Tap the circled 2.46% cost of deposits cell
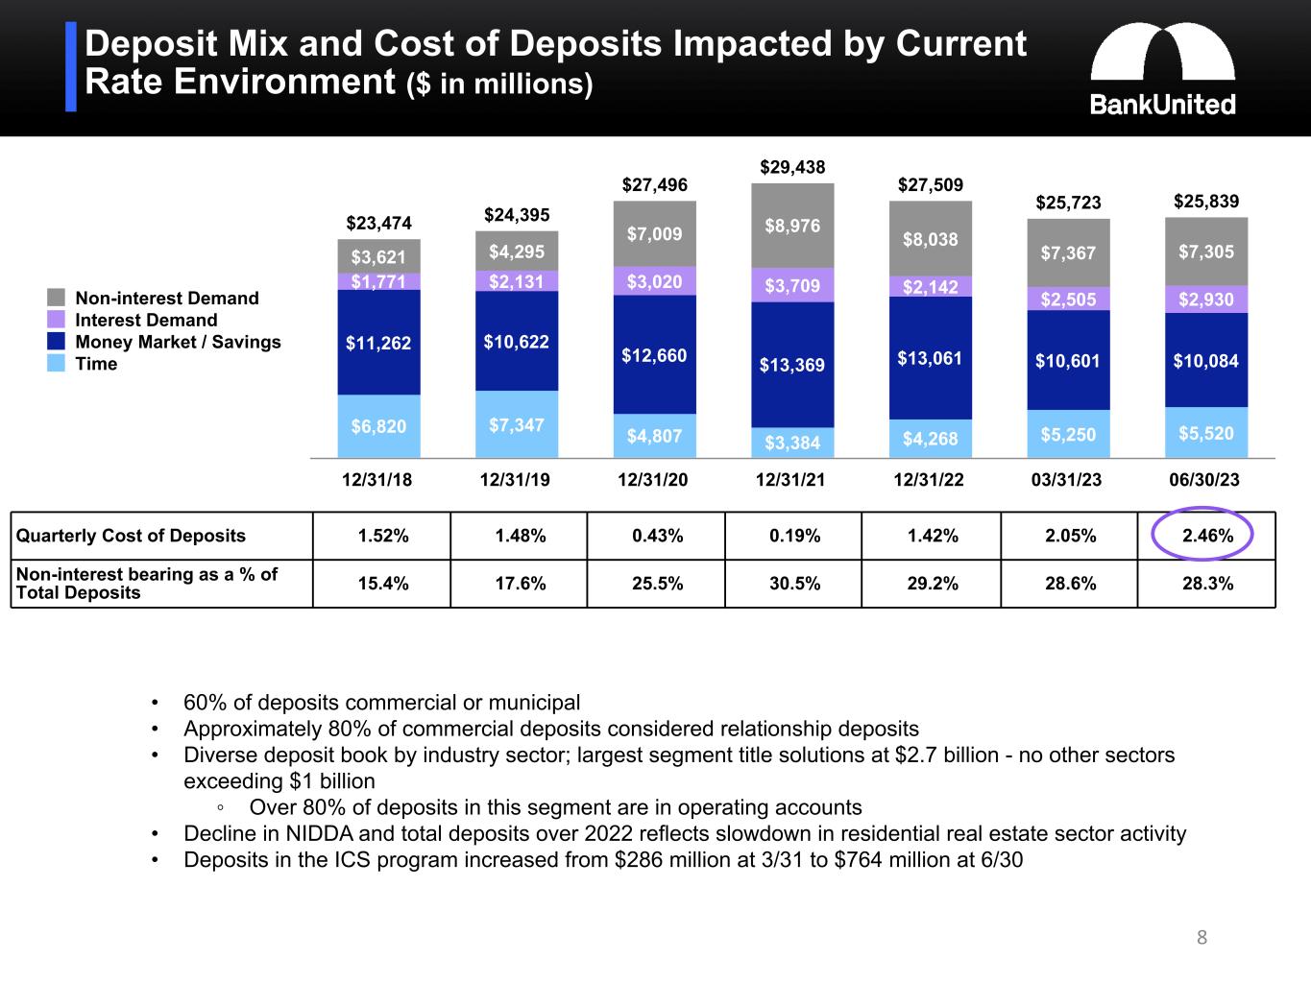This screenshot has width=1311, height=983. click(x=1206, y=536)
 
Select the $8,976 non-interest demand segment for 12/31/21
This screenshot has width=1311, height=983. click(x=792, y=226)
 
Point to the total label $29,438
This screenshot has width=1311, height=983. click(x=792, y=167)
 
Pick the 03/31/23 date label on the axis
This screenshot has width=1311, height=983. click(x=1066, y=480)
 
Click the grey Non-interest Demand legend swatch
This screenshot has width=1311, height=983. click(x=57, y=298)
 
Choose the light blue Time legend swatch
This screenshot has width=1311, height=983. click(x=57, y=364)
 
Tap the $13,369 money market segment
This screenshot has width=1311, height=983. click(x=792, y=365)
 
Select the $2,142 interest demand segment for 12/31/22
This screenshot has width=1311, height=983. click(x=930, y=287)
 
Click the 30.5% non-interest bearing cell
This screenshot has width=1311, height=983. click(x=794, y=584)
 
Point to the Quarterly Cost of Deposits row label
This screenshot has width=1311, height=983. click(x=131, y=536)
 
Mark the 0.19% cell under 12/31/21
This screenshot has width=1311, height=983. click(x=794, y=536)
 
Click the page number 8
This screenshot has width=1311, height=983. click(x=1202, y=938)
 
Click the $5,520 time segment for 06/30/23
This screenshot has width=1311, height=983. click(x=1205, y=433)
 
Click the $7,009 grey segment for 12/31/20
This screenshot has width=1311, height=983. click(x=654, y=233)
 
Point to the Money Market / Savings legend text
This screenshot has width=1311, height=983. click(x=178, y=342)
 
